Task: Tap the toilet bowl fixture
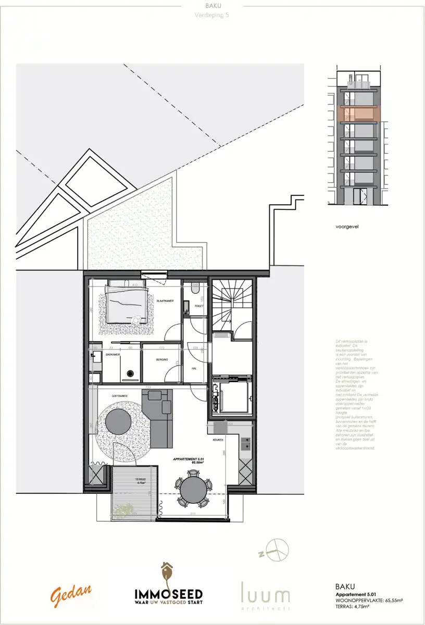pos(195,288)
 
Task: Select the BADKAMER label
pos(113,354)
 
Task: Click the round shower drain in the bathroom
pos(131,373)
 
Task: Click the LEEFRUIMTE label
pos(120,396)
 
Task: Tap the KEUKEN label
pos(218,440)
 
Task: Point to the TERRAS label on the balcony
pos(140,479)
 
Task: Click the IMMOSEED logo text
pos(168,594)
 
